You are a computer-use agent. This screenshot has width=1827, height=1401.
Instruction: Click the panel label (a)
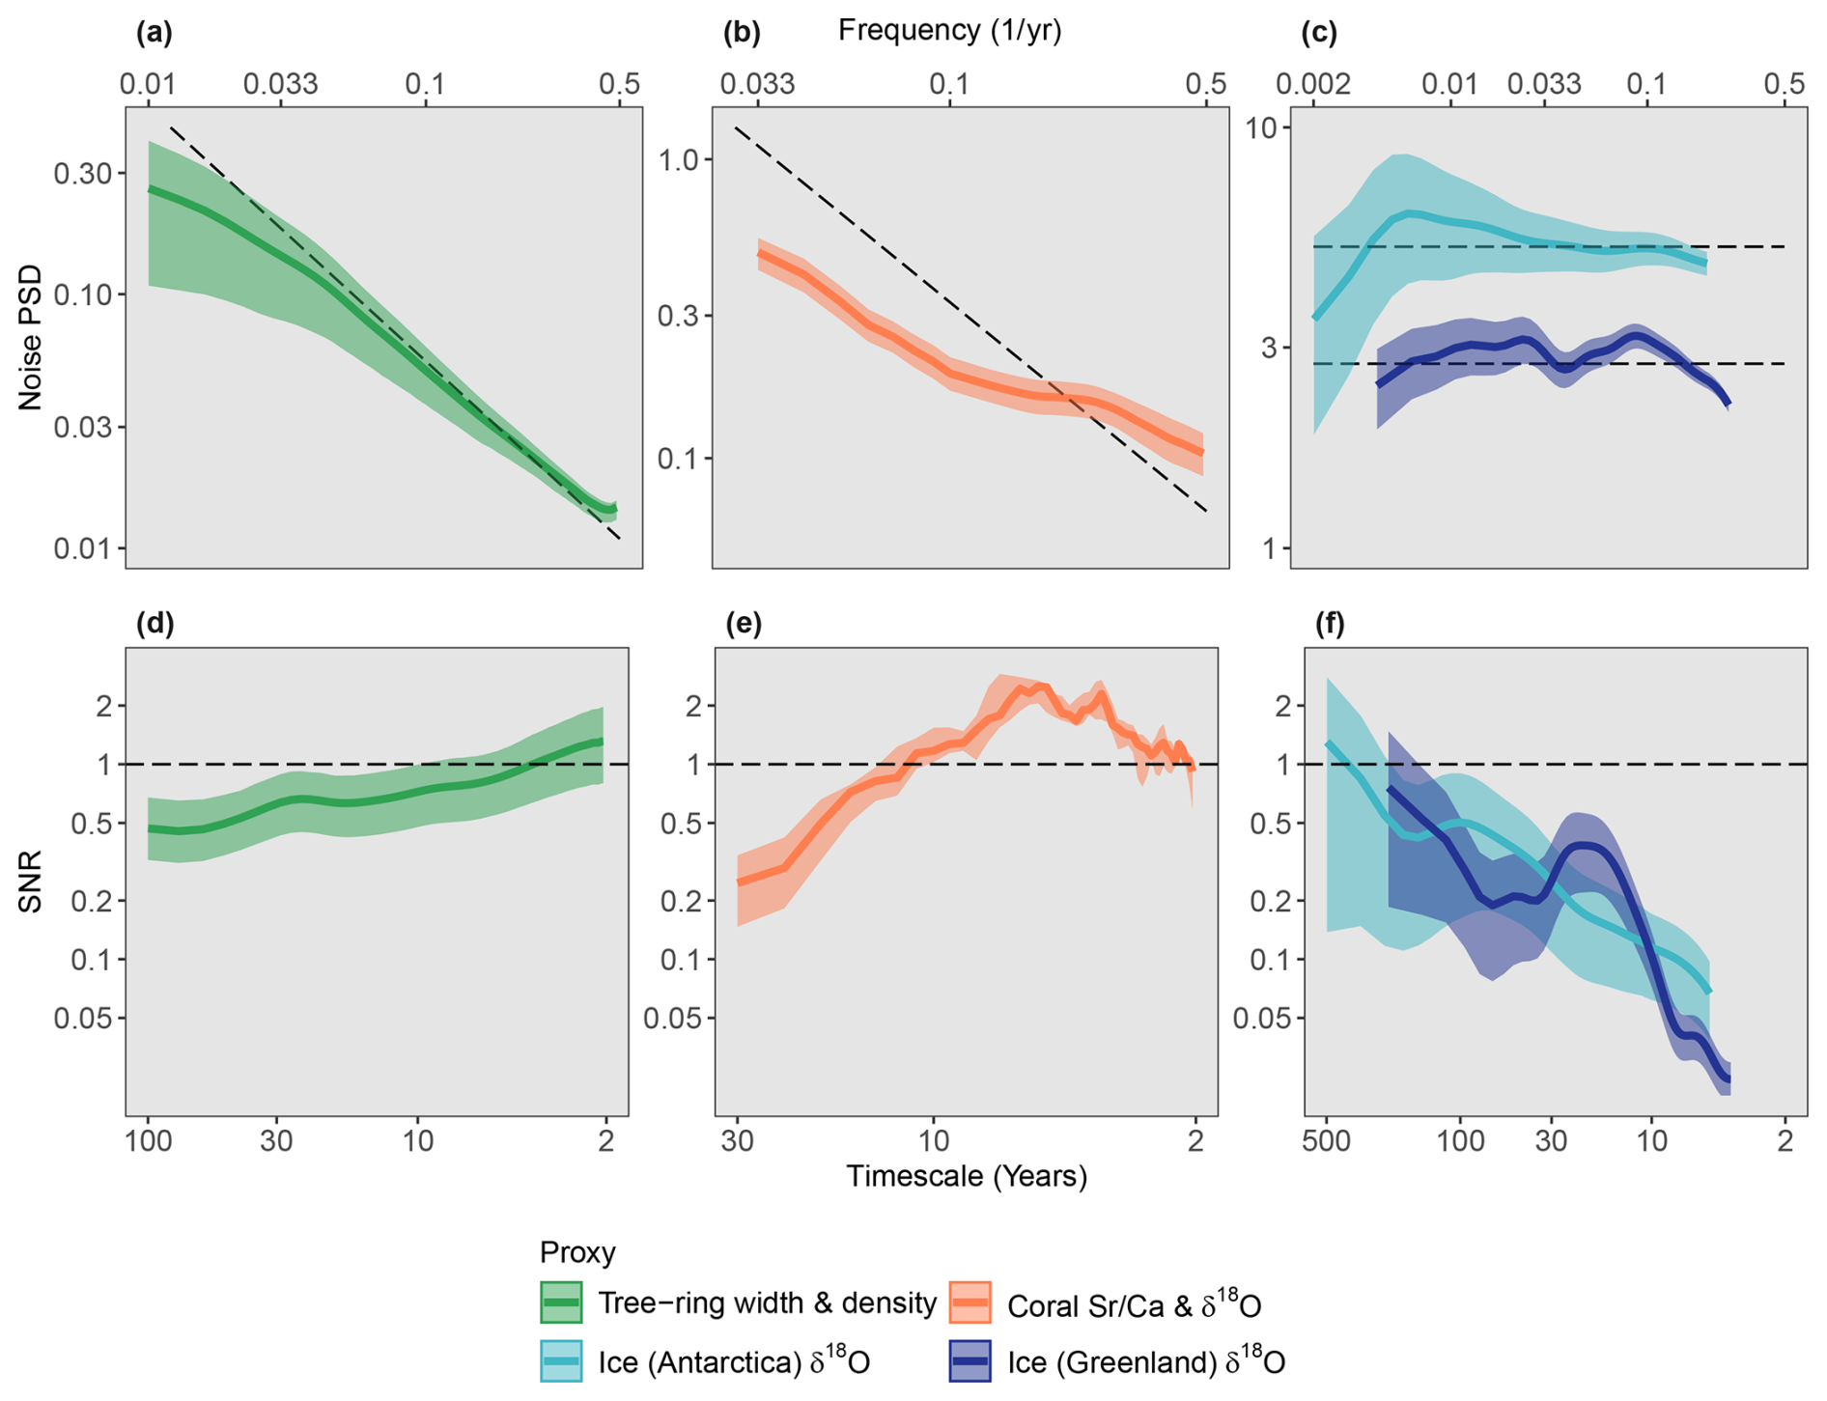click(154, 34)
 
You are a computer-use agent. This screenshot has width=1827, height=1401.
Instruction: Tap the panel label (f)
click(1330, 625)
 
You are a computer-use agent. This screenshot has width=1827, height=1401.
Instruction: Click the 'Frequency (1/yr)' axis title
click(949, 31)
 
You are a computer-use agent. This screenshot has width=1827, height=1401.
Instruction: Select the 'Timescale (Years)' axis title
click(967, 1176)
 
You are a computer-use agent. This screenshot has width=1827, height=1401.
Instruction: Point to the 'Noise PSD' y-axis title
click(31, 337)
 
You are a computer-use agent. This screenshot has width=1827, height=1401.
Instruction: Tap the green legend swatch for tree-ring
click(561, 1303)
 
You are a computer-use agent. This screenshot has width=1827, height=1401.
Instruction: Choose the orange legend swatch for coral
click(970, 1303)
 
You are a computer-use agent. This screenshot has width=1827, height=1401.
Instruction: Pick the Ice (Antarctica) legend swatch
click(561, 1361)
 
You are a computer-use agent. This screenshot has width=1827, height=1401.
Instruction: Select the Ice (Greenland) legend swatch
click(970, 1361)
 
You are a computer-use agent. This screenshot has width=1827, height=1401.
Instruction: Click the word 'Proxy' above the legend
click(577, 1252)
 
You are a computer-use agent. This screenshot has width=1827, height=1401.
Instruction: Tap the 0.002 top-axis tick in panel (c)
click(1312, 84)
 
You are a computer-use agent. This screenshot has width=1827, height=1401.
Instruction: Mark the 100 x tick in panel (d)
click(148, 1141)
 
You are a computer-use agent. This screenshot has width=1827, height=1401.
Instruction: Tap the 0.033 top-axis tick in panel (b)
click(758, 84)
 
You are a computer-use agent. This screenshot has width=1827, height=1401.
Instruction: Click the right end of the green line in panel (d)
click(603, 742)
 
